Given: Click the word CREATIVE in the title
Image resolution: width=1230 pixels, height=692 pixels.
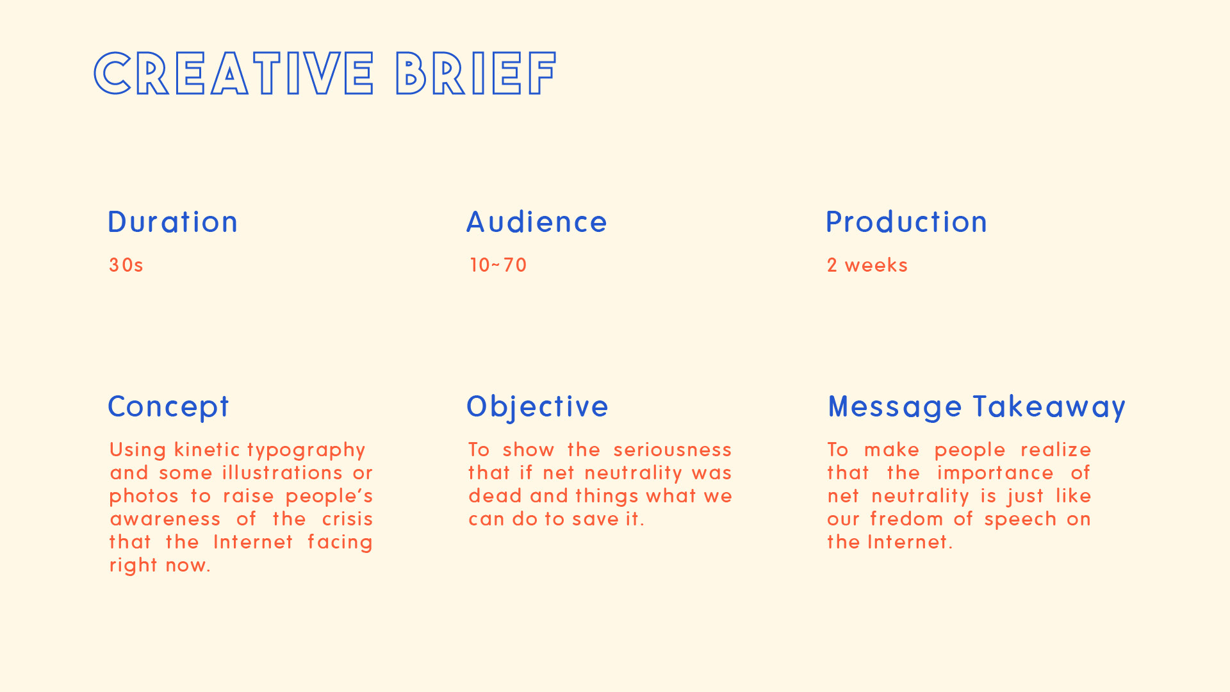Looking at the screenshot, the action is [x=234, y=74].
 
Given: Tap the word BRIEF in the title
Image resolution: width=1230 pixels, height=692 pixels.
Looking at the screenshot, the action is [x=476, y=74].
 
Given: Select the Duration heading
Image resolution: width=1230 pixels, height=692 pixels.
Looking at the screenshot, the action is [x=172, y=222].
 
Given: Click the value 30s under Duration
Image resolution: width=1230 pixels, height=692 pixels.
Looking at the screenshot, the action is [x=126, y=265].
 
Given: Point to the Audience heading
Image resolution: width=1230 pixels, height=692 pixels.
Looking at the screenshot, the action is [x=537, y=222].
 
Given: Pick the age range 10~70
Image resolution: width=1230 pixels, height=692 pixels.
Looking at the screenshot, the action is [x=498, y=265].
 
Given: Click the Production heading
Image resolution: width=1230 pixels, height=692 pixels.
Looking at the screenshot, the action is [x=906, y=222].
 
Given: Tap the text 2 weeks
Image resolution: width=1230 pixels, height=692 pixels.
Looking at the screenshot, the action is [x=867, y=265].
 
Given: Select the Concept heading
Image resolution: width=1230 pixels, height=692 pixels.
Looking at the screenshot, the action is [x=168, y=408].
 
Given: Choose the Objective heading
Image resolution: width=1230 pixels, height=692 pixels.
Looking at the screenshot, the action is [x=537, y=408].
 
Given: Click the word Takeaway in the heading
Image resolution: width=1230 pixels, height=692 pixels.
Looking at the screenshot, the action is [x=1049, y=408].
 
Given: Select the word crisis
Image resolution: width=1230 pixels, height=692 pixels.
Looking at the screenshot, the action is [x=347, y=518].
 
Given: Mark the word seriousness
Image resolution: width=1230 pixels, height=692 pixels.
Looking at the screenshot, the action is [x=673, y=449].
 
